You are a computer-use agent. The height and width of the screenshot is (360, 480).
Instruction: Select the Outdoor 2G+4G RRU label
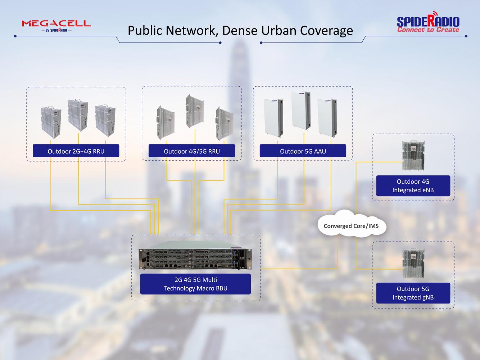(76, 151)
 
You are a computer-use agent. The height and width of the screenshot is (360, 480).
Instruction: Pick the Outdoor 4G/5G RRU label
(192, 151)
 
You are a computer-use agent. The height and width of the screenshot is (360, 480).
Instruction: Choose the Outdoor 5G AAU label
(303, 151)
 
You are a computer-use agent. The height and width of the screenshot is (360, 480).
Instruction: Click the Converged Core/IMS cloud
(351, 226)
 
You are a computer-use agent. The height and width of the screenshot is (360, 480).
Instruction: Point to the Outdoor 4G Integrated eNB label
(413, 186)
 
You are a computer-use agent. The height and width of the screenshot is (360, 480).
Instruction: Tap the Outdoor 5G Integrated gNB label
(413, 293)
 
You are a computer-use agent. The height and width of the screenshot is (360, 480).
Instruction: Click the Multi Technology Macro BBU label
(195, 284)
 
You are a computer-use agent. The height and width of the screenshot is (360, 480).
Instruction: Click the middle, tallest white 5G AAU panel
(301, 111)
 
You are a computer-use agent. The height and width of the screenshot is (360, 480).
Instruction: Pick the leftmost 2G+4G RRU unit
(51, 122)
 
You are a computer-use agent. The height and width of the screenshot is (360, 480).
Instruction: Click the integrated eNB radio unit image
(413, 156)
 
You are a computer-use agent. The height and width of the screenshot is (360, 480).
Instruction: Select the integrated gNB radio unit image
(413, 264)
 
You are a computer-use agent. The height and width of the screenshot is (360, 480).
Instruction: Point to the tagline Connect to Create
(428, 30)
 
